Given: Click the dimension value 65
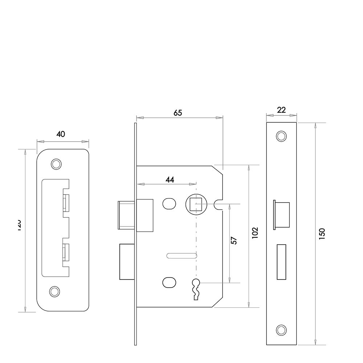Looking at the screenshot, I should pyautogui.click(x=178, y=113).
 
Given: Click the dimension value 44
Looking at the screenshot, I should pyautogui.click(x=170, y=180).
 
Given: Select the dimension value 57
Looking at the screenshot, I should pyautogui.click(x=234, y=240).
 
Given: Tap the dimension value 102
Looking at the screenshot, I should pyautogui.click(x=255, y=233).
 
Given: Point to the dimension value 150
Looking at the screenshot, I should pyautogui.click(x=322, y=233).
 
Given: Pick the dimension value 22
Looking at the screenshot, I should pyautogui.click(x=281, y=110).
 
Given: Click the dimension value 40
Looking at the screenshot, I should pyautogui.click(x=61, y=134).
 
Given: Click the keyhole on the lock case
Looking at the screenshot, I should pyautogui.click(x=196, y=289).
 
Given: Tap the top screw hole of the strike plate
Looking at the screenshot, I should pyautogui.click(x=56, y=164).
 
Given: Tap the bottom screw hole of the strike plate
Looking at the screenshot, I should pyautogui.click(x=54, y=291).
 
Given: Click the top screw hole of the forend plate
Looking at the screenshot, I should pyautogui.click(x=281, y=136).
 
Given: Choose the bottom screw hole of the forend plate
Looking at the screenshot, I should pyautogui.click(x=281, y=330).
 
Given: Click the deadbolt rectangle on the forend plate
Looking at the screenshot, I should pyautogui.click(x=281, y=262).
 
